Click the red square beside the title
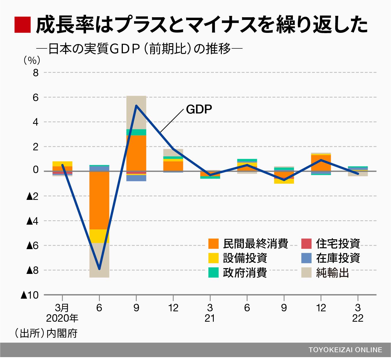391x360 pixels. [x=22, y=25]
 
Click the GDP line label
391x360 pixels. [x=199, y=109]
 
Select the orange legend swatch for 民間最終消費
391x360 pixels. [x=213, y=244]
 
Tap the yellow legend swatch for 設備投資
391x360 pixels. [x=213, y=258]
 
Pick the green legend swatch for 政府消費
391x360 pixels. [x=213, y=272]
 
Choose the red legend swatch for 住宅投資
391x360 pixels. [x=306, y=244]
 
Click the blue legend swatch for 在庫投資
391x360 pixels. [x=306, y=258]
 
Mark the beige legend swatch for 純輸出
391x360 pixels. [x=306, y=272]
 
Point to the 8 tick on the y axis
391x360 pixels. [x=35, y=73]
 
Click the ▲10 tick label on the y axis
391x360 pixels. [x=30, y=295]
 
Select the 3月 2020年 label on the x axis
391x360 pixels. [x=62, y=313]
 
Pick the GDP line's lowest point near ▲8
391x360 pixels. [x=99, y=269]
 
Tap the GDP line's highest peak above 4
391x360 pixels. [x=136, y=105]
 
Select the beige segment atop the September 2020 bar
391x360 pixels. [x=136, y=112]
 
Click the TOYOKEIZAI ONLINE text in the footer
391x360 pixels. [x=345, y=350]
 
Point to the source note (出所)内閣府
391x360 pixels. [x=46, y=334]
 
